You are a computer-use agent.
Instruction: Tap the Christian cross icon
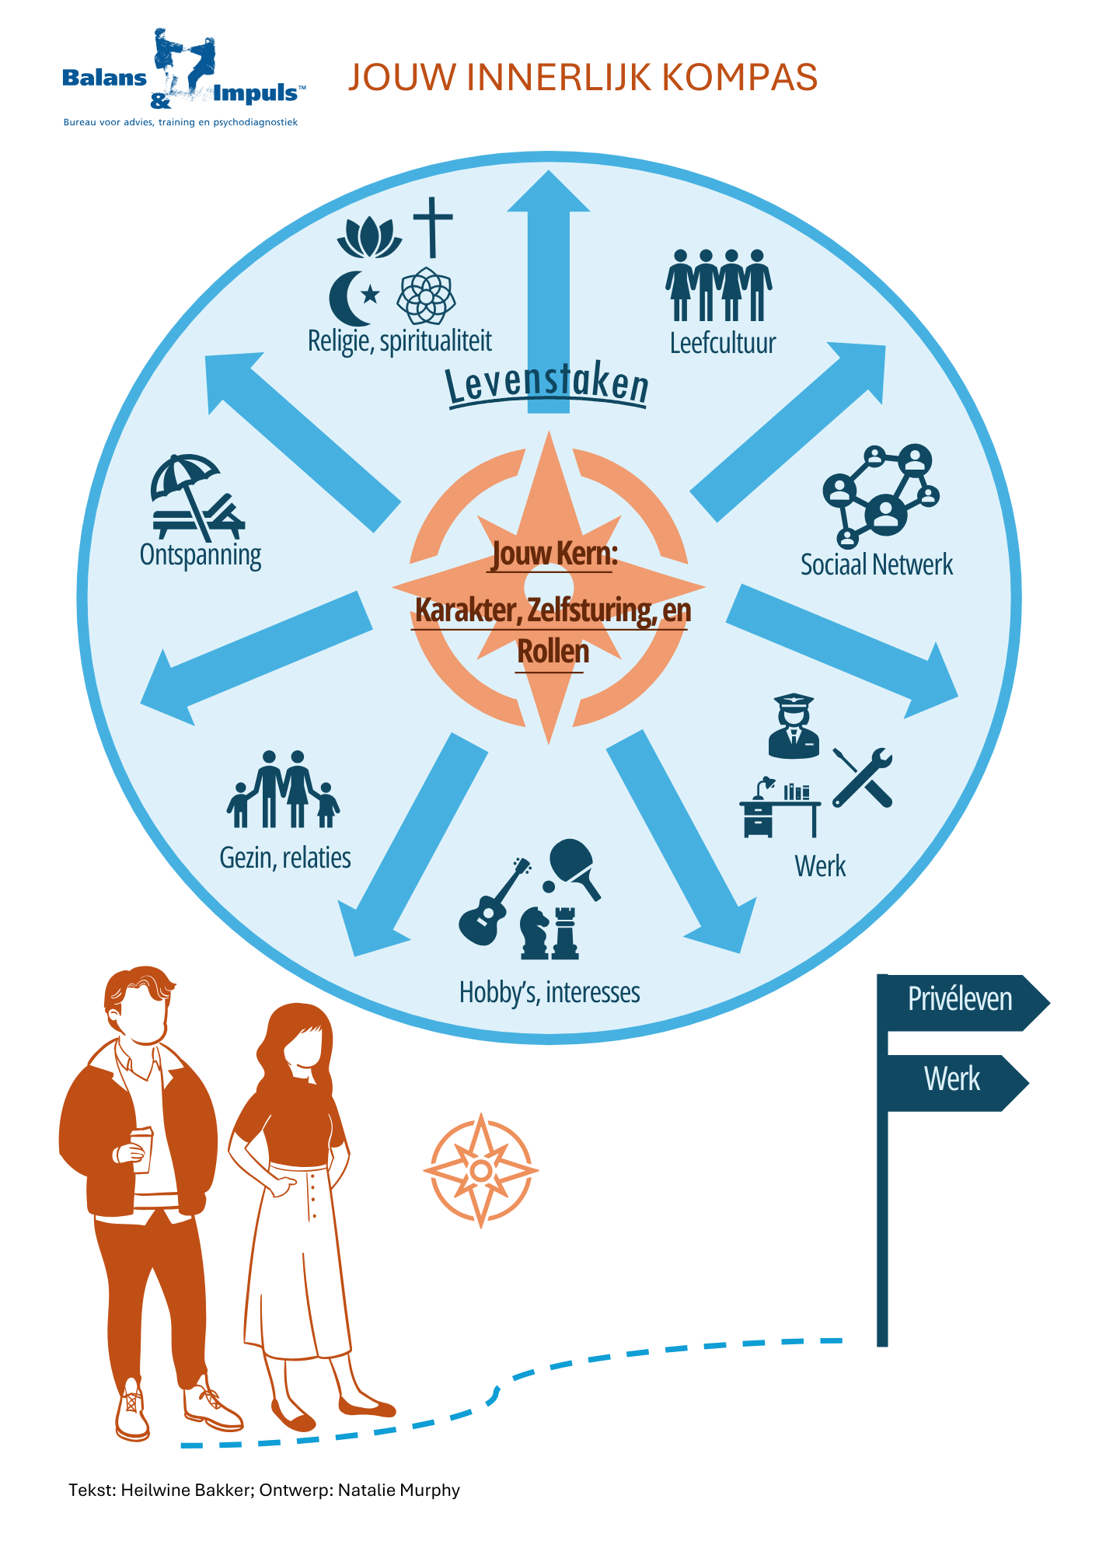pos(433,226)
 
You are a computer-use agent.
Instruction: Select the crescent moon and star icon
pos(353,298)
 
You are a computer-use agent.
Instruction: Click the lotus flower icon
pos(369,237)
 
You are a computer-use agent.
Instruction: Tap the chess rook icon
pos(564,932)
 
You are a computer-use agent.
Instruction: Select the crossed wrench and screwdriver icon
pos(863,777)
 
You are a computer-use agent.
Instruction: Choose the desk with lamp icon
pos(778,809)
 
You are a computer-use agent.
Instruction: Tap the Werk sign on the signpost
pos(953,1082)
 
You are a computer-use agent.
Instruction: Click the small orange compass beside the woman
pos(481,1170)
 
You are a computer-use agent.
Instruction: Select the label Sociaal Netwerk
pos(876,565)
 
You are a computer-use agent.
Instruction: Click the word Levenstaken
pos(547,384)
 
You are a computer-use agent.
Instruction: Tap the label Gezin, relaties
pos(285,858)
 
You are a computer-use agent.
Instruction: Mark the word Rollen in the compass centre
pos(553,652)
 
